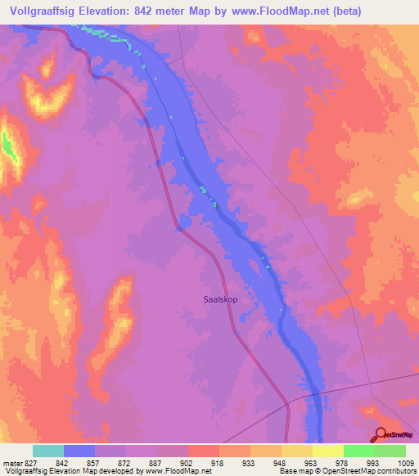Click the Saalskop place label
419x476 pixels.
pyautogui.click(x=219, y=299)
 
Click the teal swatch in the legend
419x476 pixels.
pyautogui.click(x=47, y=451)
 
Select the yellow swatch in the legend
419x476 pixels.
pyautogui.click(x=327, y=451)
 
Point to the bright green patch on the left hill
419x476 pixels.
pyautogui.click(x=9, y=145)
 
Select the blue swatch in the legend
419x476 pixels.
pyautogui.click(x=79, y=451)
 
